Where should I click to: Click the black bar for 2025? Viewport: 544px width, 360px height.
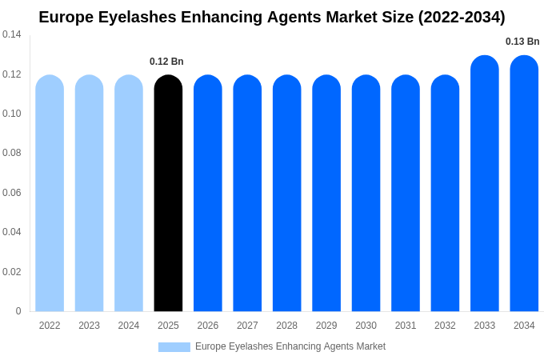[168, 193]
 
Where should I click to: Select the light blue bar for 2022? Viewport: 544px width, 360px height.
[50, 193]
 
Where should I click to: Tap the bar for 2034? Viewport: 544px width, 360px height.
[524, 183]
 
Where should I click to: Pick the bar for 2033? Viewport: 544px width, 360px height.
[485, 183]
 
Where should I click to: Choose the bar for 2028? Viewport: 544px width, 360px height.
[287, 193]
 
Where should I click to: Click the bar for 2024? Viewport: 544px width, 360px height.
[129, 193]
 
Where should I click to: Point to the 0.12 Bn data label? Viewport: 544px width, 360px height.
[166, 62]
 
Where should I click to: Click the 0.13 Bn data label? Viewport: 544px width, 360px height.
[522, 42]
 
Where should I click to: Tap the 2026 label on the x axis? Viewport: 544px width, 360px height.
[208, 326]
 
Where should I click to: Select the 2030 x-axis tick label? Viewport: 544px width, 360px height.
[366, 326]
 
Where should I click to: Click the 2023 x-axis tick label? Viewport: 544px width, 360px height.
[89, 326]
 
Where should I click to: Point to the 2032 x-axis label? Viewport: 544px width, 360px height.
[445, 326]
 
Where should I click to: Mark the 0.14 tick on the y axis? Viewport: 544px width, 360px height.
[12, 34]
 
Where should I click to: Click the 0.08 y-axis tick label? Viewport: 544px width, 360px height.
[12, 153]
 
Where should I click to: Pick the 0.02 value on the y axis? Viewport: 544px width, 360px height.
[12, 272]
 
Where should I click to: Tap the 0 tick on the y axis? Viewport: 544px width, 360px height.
[18, 311]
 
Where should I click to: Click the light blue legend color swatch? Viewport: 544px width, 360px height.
[174, 347]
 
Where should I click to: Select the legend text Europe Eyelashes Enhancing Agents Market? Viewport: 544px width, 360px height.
[290, 346]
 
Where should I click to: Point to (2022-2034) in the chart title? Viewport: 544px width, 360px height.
[462, 17]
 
